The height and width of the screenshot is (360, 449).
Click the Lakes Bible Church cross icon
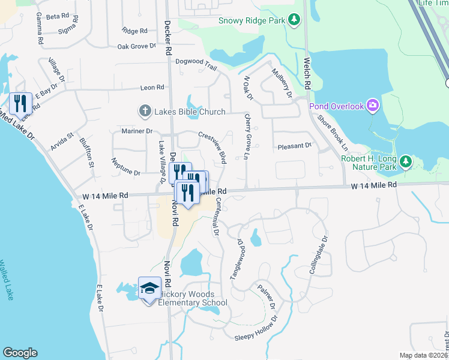click(x=145, y=111)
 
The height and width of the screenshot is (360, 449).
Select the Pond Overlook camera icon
click(x=373, y=106)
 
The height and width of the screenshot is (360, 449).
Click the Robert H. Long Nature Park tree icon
click(x=406, y=161)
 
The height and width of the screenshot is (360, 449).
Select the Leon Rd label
click(x=152, y=87)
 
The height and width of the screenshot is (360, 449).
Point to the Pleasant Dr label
click(x=295, y=146)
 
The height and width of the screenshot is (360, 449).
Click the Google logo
click(x=20, y=353)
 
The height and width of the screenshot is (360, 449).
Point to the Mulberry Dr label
click(x=281, y=83)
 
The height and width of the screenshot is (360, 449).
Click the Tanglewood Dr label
click(x=235, y=259)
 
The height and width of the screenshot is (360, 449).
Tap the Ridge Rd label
click(x=134, y=31)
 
